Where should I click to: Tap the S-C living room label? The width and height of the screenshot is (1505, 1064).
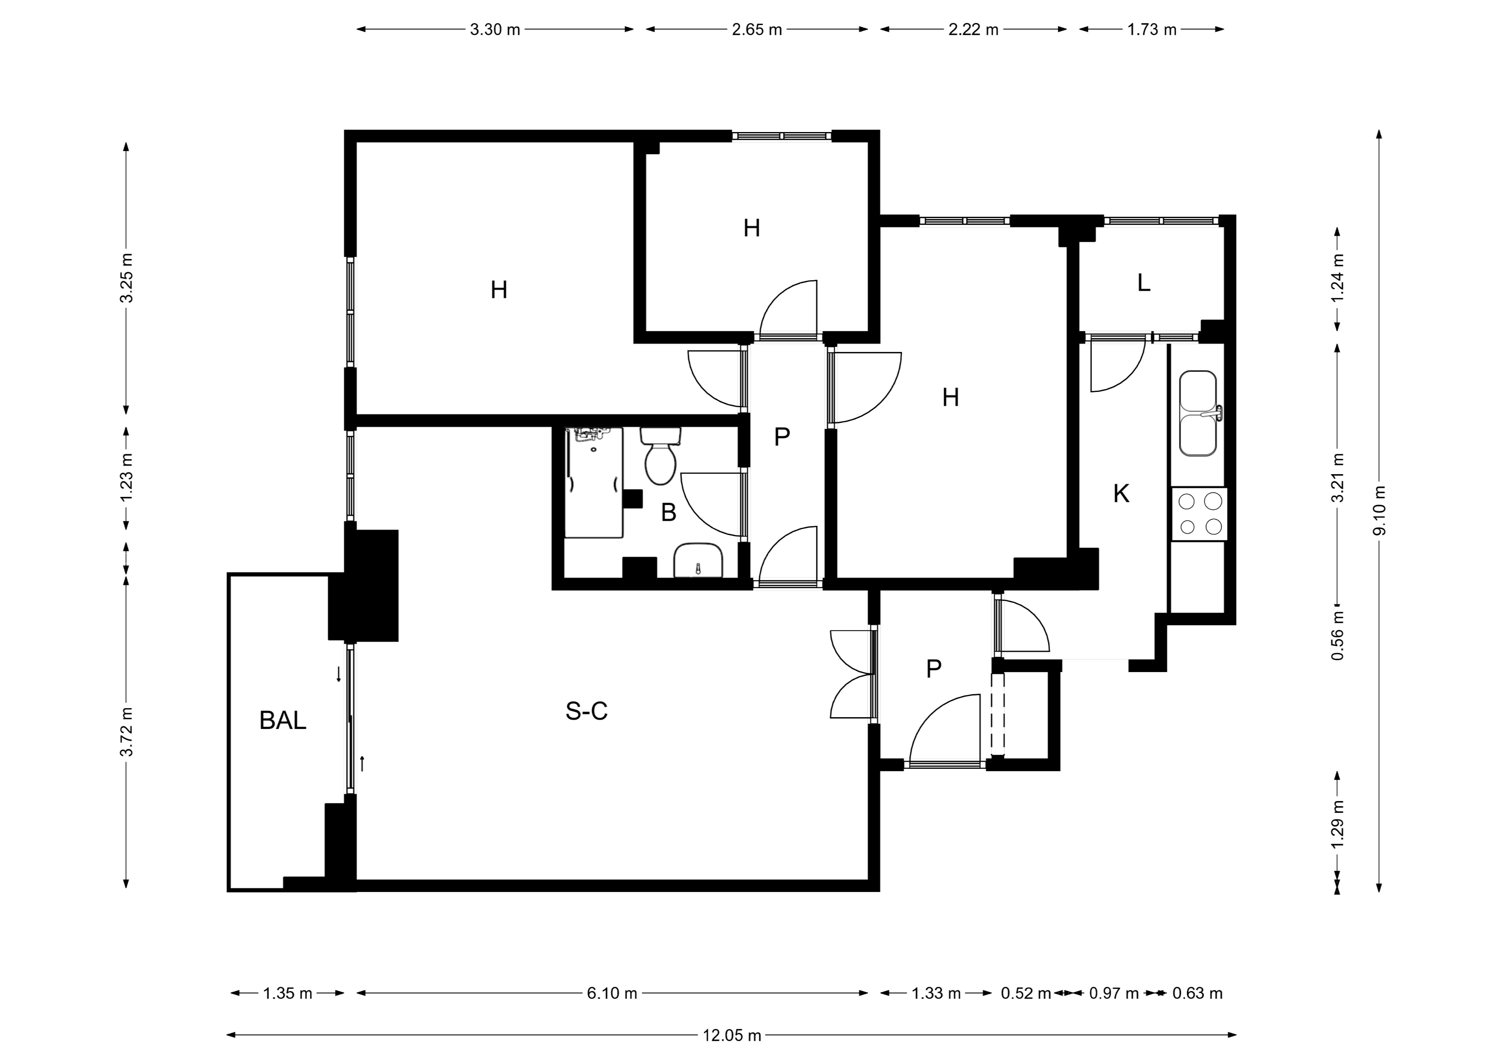587,711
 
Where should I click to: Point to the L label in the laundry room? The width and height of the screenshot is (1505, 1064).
1144,283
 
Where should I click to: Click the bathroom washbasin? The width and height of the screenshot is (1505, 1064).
698,560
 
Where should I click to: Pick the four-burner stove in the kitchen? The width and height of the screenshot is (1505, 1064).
1199,514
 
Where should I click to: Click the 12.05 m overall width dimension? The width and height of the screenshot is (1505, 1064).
732,1036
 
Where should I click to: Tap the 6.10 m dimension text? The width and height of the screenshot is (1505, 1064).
612,993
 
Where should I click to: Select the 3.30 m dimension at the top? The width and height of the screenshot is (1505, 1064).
495,29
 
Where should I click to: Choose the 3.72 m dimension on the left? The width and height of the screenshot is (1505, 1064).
127,732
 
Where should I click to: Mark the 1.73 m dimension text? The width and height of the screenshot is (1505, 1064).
1152,29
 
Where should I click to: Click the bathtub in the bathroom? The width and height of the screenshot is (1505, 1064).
594,483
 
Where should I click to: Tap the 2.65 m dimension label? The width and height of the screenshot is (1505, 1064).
757,29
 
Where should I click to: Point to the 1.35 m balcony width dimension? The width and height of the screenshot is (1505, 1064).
288,993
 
